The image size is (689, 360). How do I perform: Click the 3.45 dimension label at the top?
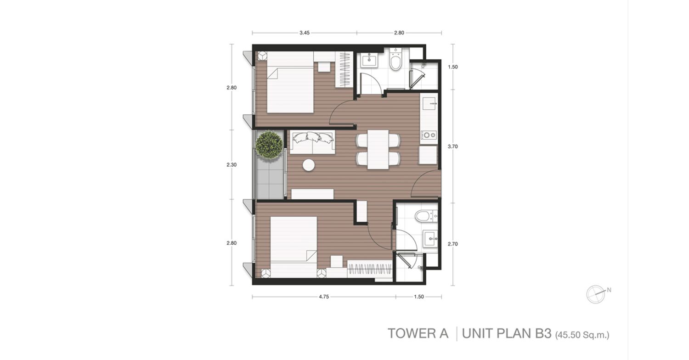click(305, 33)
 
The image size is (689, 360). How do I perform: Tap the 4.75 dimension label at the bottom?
click(324, 297)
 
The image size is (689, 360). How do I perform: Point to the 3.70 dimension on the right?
click(453, 146)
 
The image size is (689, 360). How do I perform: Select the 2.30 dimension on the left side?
click(232, 165)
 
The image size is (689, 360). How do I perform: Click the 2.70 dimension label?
click(453, 244)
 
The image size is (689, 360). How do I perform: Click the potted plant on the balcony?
click(269, 145)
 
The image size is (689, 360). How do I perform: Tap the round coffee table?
click(309, 165)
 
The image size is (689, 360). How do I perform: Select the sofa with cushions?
click(312, 142)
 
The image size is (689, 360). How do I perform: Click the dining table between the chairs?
click(378, 149)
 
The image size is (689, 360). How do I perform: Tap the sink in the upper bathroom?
click(368, 60)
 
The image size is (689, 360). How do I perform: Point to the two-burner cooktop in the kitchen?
click(429, 135)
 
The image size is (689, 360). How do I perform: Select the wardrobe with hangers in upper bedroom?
click(344, 69)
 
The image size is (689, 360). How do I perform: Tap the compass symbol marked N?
click(596, 294)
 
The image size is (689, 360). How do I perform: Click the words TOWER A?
click(418, 333)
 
